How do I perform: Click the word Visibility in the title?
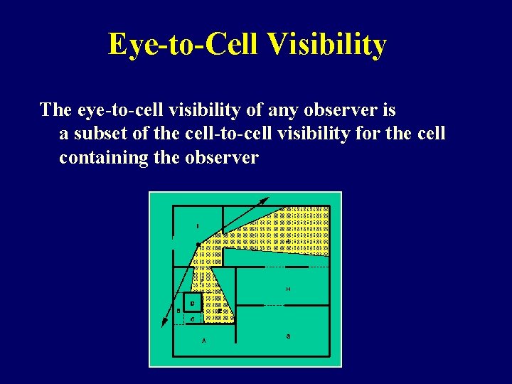(x=328, y=44)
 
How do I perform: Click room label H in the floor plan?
(x=287, y=289)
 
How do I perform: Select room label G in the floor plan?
(x=287, y=335)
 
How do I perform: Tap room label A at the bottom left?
(x=204, y=341)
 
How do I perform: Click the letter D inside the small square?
(x=192, y=304)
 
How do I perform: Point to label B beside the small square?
(x=178, y=311)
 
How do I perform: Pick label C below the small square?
(x=192, y=319)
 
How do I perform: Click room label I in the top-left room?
(x=198, y=226)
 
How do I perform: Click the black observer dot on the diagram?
(x=198, y=245)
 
